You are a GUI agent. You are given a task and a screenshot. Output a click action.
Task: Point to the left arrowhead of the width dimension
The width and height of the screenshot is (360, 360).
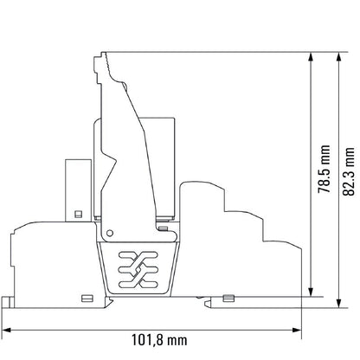pyautogui.click(x=5, y=329)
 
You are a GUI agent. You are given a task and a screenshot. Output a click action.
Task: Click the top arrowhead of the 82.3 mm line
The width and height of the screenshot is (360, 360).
pyautogui.click(x=336, y=55)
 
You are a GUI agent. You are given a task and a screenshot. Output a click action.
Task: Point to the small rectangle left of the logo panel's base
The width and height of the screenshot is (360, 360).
pyautogui.click(x=87, y=299)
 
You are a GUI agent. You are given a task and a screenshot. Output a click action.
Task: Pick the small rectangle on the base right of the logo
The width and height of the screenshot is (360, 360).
pyautogui.click(x=228, y=299)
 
